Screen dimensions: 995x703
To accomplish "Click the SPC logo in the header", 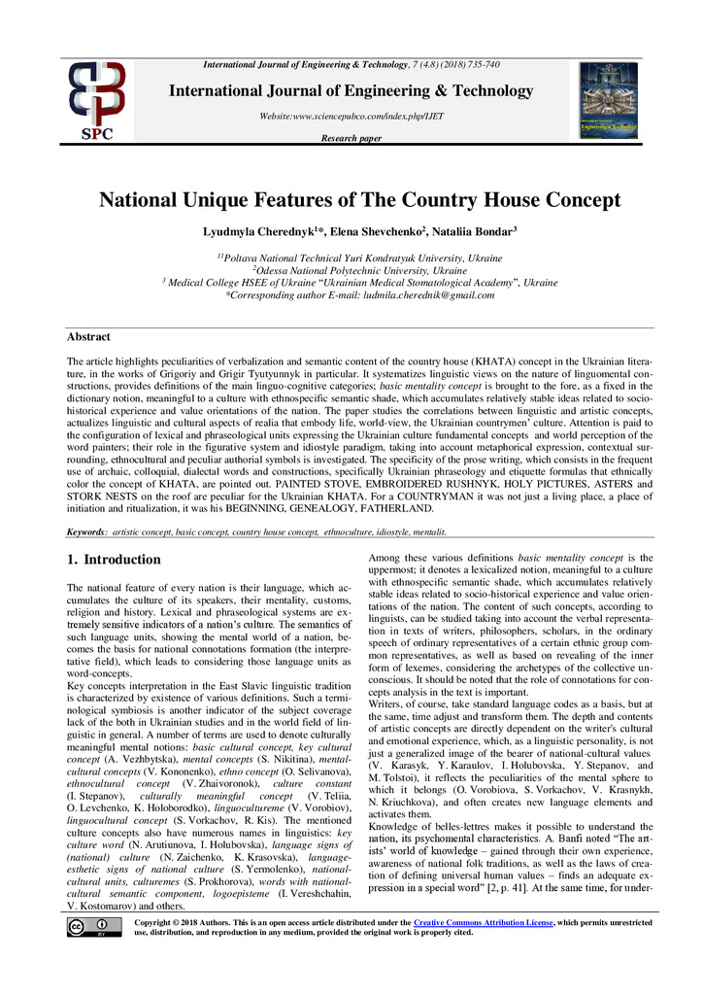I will click(96, 100).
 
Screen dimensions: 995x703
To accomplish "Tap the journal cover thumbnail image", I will click(608, 100).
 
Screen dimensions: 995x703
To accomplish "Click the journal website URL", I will click(351, 116).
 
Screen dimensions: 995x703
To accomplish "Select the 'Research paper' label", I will click(351, 139).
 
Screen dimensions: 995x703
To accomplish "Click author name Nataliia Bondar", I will click(474, 233).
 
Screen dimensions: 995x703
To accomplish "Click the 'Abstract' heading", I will click(87, 336).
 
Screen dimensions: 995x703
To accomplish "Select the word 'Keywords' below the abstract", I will click(86, 532).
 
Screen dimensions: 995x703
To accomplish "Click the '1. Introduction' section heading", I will click(113, 560).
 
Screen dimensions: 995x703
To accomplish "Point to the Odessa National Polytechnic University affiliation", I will click(359, 270).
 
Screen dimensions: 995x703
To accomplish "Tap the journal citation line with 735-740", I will click(351, 64).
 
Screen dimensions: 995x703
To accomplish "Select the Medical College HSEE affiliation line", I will click(359, 282).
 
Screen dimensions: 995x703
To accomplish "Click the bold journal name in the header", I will click(351, 91).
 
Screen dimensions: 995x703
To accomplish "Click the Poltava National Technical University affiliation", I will click(359, 257).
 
